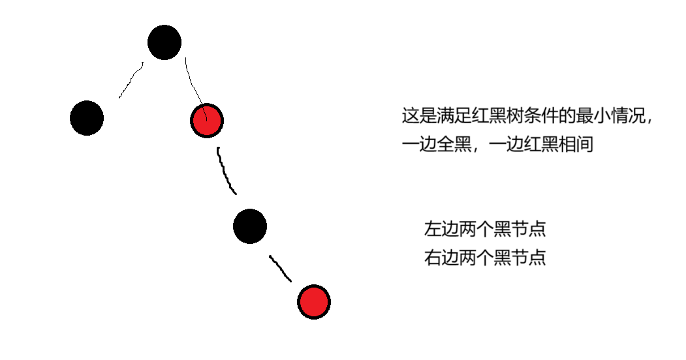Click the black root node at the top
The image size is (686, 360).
point(164,42)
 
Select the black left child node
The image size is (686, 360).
point(87,119)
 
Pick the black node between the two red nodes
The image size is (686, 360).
point(249,226)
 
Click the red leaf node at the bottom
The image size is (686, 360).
point(314,302)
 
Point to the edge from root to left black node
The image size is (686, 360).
point(131,80)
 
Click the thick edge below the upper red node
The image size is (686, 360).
point(226,172)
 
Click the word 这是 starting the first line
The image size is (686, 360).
point(417,117)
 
